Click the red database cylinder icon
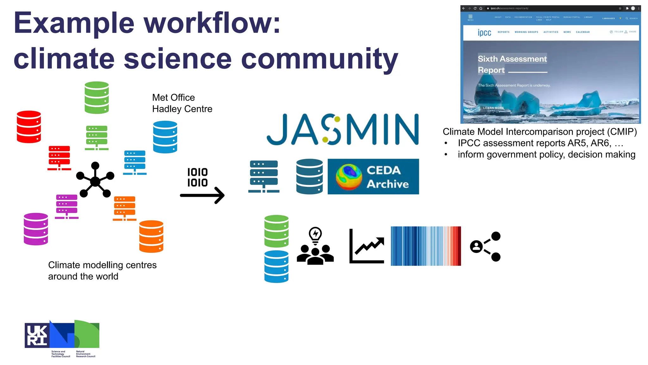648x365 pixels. coord(29,127)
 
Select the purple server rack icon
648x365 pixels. coord(67,207)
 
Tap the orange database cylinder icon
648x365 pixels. coord(151,236)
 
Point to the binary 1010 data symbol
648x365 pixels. coord(197,177)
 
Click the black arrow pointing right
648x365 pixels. coord(202,195)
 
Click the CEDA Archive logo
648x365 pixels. coord(373,176)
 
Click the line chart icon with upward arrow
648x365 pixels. coord(367,246)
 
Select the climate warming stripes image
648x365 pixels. coord(426,246)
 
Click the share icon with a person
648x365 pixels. coord(485,247)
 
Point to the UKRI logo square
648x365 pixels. coord(37,335)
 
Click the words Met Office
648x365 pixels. coord(173,98)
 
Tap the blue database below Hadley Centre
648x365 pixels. coord(165,137)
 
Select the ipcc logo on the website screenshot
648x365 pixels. coord(484,32)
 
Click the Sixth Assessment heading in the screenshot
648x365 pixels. coord(512,59)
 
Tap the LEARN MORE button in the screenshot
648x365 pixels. coord(493,108)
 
